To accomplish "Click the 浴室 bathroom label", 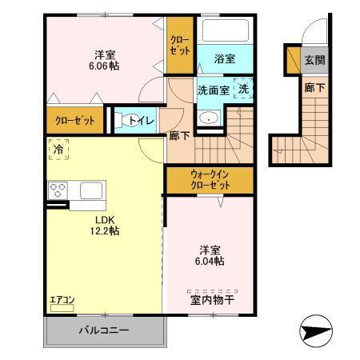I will [x=225, y=59].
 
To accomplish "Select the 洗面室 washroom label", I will [x=214, y=90].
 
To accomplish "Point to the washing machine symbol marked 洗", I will [x=243, y=90].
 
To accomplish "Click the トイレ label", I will [x=143, y=122].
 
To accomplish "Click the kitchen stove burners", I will [x=58, y=190].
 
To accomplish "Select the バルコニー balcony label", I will [x=104, y=330].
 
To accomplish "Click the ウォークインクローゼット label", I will [x=209, y=179].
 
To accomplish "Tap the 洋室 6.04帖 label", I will [x=207, y=254].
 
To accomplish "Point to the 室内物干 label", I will [x=212, y=301].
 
